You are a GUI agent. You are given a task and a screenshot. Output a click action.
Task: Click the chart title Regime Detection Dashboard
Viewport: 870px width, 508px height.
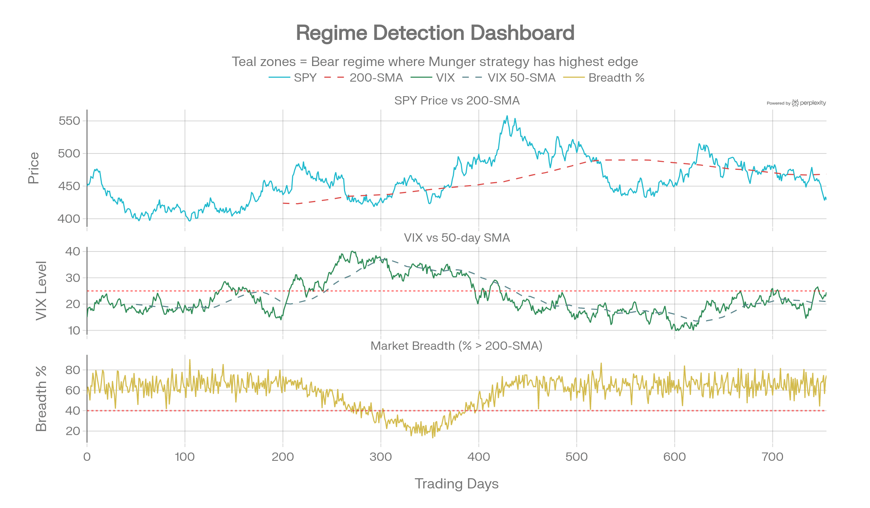click(435, 33)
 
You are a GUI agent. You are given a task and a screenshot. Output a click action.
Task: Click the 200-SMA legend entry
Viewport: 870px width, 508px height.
click(364, 78)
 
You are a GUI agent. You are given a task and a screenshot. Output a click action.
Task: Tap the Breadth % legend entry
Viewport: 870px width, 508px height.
click(604, 78)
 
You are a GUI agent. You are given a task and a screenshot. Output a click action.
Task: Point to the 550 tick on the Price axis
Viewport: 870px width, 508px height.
click(69, 121)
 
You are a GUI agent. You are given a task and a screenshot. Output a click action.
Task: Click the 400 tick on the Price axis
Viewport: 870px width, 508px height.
click(69, 219)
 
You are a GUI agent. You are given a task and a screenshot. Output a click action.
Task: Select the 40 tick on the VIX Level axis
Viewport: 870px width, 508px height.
click(72, 251)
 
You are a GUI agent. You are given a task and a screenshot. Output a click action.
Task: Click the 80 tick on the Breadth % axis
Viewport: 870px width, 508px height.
click(72, 370)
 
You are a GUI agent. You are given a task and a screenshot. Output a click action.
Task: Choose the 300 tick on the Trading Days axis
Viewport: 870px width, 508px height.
click(381, 456)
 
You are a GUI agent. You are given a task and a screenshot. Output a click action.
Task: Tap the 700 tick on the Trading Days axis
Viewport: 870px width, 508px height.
click(772, 456)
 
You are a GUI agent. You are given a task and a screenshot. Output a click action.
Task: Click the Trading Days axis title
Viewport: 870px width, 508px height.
click(457, 484)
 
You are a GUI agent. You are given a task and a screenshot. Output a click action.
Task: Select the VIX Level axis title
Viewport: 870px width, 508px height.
click(41, 290)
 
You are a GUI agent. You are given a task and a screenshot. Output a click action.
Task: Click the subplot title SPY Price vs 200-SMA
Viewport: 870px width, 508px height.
click(457, 101)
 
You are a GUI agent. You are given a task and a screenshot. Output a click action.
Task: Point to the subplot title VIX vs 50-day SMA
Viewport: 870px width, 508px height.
click(457, 238)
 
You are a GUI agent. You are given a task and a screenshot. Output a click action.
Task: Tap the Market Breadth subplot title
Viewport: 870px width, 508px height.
click(457, 346)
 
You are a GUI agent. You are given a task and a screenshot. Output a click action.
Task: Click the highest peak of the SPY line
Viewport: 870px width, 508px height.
click(507, 116)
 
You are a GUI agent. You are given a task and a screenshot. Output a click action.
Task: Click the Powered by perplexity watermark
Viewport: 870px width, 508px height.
click(796, 103)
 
